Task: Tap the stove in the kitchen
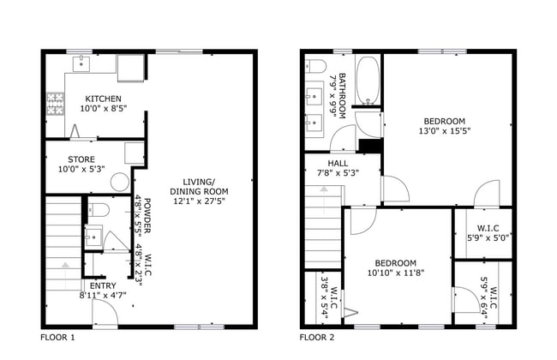[55, 105]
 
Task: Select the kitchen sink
[83, 62]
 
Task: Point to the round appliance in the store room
[119, 182]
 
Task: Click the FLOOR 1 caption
[58, 338]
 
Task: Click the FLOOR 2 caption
[317, 338]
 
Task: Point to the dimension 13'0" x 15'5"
[444, 131]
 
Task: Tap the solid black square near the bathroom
[370, 146]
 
